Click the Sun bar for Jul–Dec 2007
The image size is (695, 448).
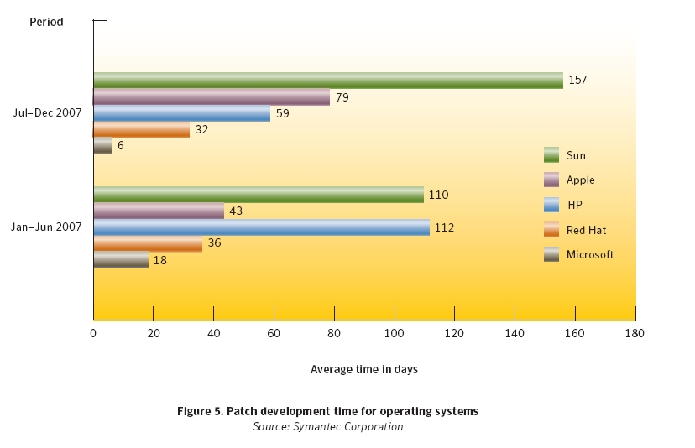[x=328, y=81]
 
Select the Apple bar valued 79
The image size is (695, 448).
[x=212, y=96]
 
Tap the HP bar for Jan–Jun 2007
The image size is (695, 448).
[x=262, y=227]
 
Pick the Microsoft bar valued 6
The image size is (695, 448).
[x=102, y=145]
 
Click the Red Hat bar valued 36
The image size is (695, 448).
[x=148, y=244]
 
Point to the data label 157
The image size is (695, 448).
[x=577, y=80]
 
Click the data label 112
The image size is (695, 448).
[x=444, y=227]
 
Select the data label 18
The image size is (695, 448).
[x=160, y=260]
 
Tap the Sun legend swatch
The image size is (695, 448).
[x=551, y=155]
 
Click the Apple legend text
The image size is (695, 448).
[x=580, y=180]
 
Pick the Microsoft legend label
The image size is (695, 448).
[x=590, y=254]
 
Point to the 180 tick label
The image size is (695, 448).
[x=635, y=333]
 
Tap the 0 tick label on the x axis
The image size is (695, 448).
[x=93, y=333]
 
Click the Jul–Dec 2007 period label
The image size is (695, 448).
[x=47, y=112]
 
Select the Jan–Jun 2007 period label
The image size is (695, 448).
[x=46, y=227]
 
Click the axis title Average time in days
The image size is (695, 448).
[x=364, y=369]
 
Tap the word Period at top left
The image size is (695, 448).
[x=46, y=22]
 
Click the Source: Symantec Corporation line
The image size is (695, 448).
[x=328, y=426]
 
